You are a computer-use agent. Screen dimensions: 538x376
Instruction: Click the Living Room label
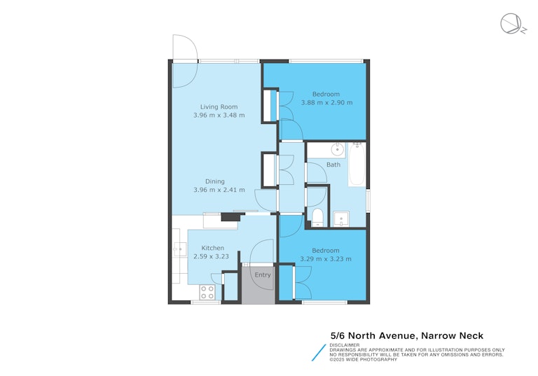(219, 106)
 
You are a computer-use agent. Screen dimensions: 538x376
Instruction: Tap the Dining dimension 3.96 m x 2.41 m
(219, 190)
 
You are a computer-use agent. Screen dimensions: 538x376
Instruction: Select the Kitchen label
(213, 248)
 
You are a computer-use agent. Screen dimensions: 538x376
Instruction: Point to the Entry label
(263, 274)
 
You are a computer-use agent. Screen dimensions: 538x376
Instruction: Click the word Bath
(333, 165)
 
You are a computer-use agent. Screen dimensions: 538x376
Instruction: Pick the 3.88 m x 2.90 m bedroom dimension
(326, 102)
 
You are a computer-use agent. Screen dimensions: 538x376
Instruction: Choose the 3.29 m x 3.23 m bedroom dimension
(326, 259)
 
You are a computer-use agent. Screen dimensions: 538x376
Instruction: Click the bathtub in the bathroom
(357, 165)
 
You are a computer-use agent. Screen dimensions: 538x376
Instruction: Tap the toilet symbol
(318, 218)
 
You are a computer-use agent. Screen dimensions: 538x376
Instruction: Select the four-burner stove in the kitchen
(207, 292)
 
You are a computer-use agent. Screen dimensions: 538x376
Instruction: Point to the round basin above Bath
(338, 149)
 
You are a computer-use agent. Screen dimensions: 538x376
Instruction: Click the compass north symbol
(512, 24)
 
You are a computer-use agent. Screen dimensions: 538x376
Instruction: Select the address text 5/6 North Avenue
(373, 335)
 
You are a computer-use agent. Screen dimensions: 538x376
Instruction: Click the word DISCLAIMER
(345, 345)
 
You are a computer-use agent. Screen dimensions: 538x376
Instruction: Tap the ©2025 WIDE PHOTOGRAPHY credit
(364, 359)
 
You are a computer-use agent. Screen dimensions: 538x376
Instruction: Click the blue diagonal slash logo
(319, 353)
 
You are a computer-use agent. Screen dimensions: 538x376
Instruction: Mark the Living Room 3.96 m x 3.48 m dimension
(219, 116)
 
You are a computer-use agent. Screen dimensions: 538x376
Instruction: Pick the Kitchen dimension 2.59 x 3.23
(211, 256)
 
